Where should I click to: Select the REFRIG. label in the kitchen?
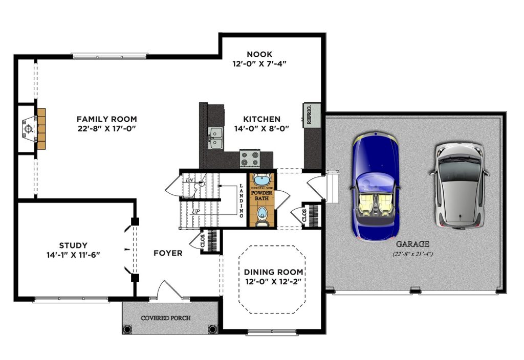pyautogui.click(x=309, y=114)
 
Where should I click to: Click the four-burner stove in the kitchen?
pyautogui.click(x=250, y=159)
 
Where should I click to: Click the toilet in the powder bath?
pyautogui.click(x=262, y=216)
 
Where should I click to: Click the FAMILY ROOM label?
pyautogui.click(x=106, y=119)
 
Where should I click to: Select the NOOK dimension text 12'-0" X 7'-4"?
pyautogui.click(x=259, y=63)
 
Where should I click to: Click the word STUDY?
pyautogui.click(x=73, y=245)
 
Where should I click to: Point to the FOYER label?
pyautogui.click(x=168, y=253)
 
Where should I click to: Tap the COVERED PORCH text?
pyautogui.click(x=166, y=318)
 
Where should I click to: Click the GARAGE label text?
pyautogui.click(x=412, y=244)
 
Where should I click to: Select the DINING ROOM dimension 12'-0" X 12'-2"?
pyautogui.click(x=273, y=282)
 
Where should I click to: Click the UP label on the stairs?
pyautogui.click(x=195, y=211)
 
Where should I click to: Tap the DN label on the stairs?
pyautogui.click(x=190, y=181)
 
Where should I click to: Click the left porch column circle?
pyautogui.click(x=127, y=329)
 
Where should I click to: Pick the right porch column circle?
pyautogui.click(x=213, y=329)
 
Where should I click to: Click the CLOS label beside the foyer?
pyautogui.click(x=203, y=241)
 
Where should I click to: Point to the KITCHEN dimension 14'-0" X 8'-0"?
pyautogui.click(x=261, y=128)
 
